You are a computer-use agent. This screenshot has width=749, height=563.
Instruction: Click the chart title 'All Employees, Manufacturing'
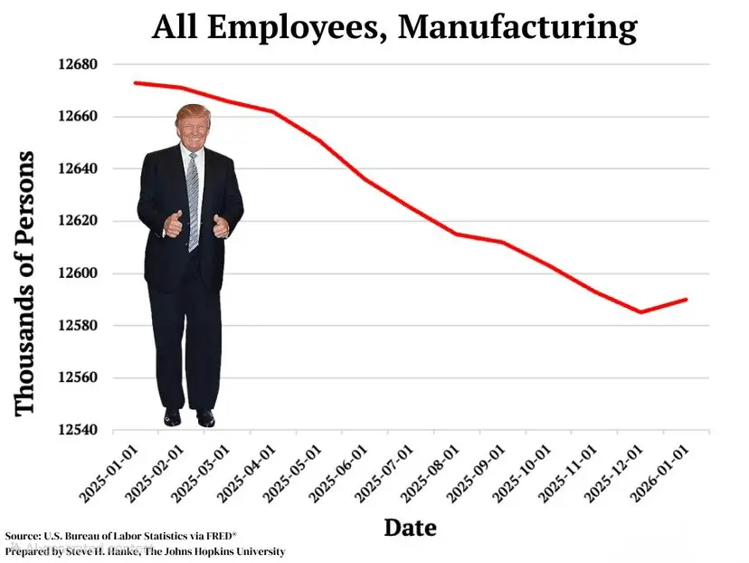tap(394, 27)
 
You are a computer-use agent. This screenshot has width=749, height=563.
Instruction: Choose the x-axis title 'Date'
tap(410, 527)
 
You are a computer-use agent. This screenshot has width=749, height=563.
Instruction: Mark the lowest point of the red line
tap(640, 312)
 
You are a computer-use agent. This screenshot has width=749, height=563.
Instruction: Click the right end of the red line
tap(687, 300)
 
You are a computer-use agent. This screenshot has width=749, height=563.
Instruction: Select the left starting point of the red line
tap(135, 82)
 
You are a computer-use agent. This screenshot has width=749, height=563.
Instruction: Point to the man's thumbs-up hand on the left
tap(172, 223)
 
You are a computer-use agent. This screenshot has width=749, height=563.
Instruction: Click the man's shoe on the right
tap(205, 418)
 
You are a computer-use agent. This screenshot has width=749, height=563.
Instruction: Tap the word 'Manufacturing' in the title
tap(517, 27)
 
